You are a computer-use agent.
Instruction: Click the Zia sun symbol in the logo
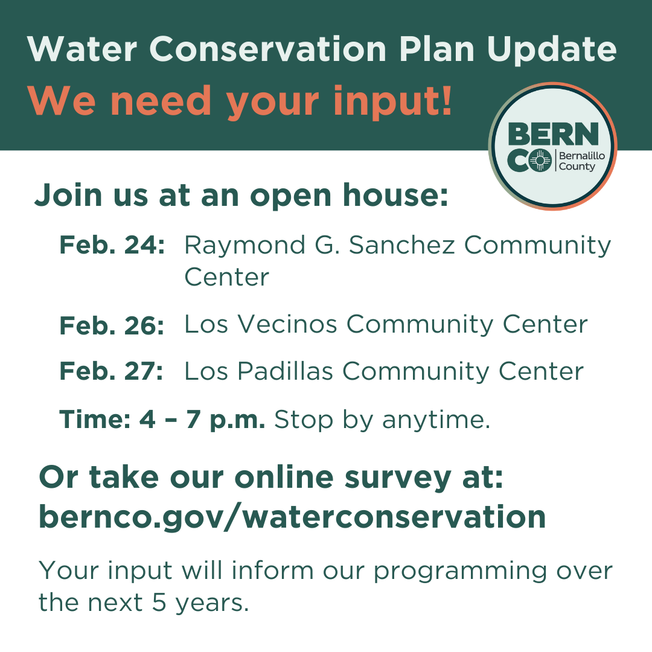543,160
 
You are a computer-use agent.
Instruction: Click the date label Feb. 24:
112,246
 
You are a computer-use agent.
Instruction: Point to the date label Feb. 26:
112,325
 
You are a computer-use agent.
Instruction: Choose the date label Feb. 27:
112,371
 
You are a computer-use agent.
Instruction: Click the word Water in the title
81,49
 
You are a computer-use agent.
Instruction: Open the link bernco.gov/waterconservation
292,517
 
